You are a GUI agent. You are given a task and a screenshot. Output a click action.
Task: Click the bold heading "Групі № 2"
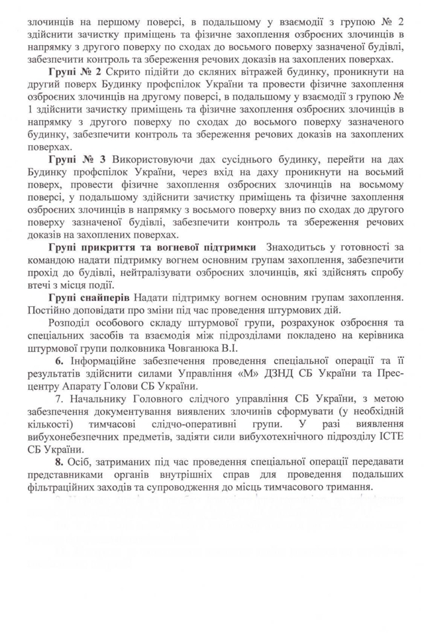coord(75,70)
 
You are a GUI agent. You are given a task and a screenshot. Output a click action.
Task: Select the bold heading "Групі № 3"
coord(75,160)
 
